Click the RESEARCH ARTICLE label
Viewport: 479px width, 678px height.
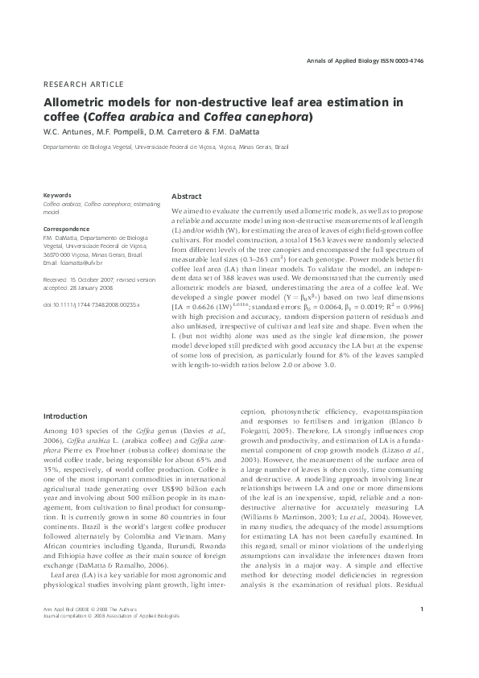83,85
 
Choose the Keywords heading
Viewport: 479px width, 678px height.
57,196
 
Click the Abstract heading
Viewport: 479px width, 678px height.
187,196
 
